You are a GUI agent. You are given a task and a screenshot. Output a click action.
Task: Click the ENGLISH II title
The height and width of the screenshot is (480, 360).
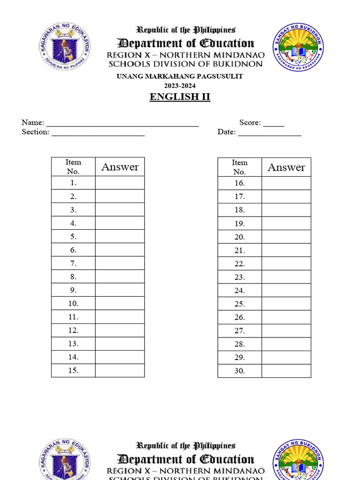(180, 97)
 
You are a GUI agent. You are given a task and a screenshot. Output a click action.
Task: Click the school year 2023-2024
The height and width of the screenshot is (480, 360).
(180, 85)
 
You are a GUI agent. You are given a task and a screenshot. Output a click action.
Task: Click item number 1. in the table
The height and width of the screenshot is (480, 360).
(73, 183)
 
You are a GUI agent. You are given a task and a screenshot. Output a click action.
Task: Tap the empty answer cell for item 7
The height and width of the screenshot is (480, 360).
(120, 263)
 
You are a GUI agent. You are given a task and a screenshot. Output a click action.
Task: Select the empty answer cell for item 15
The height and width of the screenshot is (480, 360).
(120, 370)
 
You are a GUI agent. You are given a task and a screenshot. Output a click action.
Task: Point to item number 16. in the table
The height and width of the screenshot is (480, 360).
(240, 183)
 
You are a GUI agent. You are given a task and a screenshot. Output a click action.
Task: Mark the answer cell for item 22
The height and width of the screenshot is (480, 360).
(286, 264)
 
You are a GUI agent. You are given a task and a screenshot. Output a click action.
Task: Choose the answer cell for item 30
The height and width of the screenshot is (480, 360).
(286, 371)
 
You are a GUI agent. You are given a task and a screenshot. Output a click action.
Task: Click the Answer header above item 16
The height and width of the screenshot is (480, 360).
(286, 167)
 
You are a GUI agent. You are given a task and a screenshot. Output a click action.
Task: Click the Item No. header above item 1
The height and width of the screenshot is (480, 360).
(73, 166)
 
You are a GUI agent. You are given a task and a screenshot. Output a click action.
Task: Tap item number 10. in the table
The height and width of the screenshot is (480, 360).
(73, 303)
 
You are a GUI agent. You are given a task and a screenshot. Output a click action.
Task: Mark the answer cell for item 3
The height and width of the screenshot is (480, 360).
(120, 210)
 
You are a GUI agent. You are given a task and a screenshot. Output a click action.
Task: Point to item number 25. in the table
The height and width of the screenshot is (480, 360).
(240, 304)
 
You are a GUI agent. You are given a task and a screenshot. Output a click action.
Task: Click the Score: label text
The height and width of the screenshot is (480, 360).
(250, 123)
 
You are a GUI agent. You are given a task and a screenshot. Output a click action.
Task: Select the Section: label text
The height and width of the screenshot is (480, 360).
(35, 132)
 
